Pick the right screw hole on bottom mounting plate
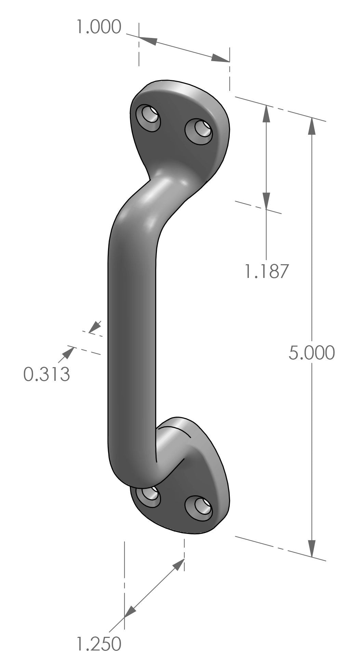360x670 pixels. point(199,508)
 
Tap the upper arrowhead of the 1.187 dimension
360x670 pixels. point(266,114)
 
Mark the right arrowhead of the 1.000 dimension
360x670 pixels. point(219,59)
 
